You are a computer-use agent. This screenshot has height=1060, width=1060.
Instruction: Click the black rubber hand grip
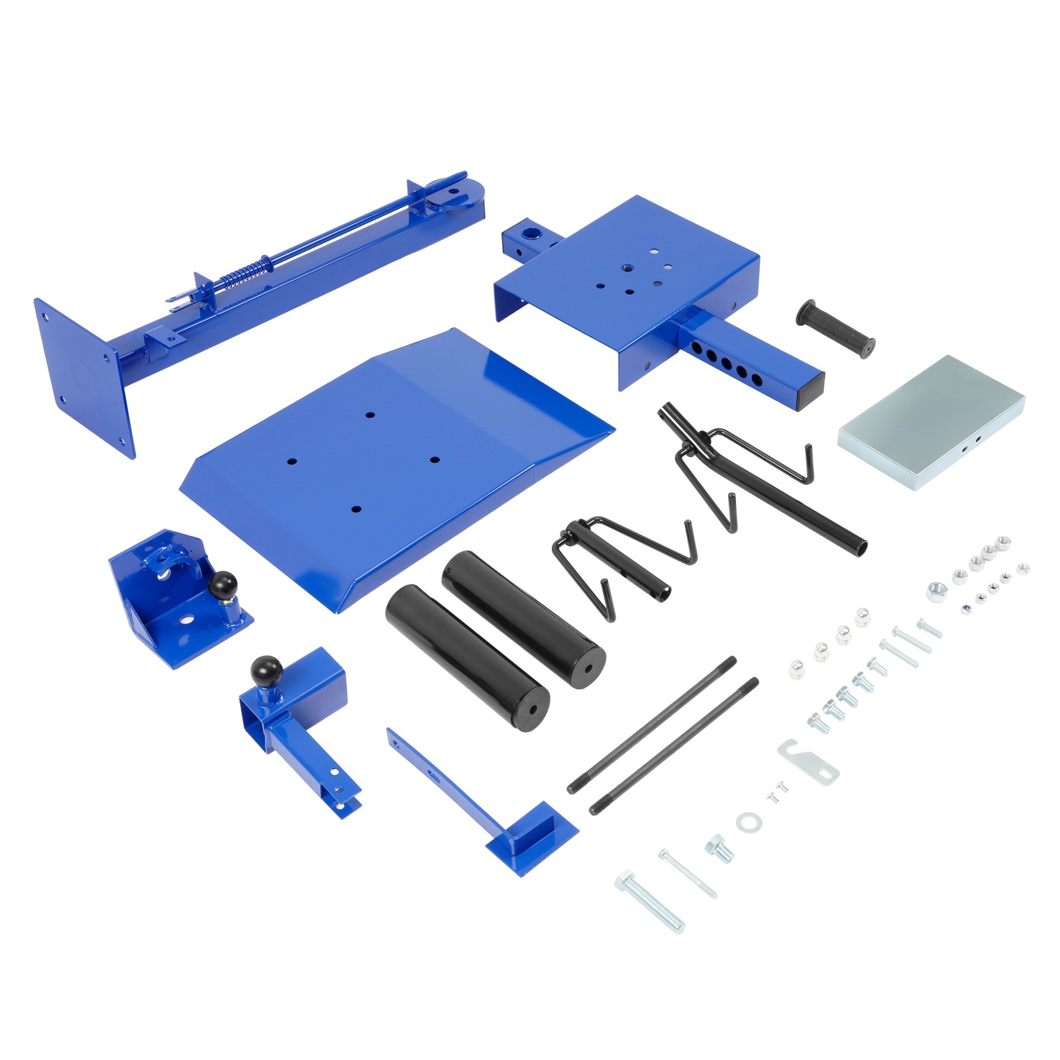point(835,329)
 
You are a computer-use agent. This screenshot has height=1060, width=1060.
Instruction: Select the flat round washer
point(749,822)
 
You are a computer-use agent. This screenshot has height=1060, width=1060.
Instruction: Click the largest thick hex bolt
point(650,902)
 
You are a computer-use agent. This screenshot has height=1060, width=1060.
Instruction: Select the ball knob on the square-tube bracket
point(266,671)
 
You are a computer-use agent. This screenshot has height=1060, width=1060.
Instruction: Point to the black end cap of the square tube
point(811,392)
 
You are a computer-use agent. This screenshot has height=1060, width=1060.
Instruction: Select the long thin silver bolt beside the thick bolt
point(688,874)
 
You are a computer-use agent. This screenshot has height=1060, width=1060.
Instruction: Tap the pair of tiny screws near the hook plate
point(777,791)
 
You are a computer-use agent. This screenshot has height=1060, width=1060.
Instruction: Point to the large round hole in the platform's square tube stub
point(531,233)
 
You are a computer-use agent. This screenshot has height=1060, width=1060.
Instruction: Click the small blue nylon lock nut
point(967,609)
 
